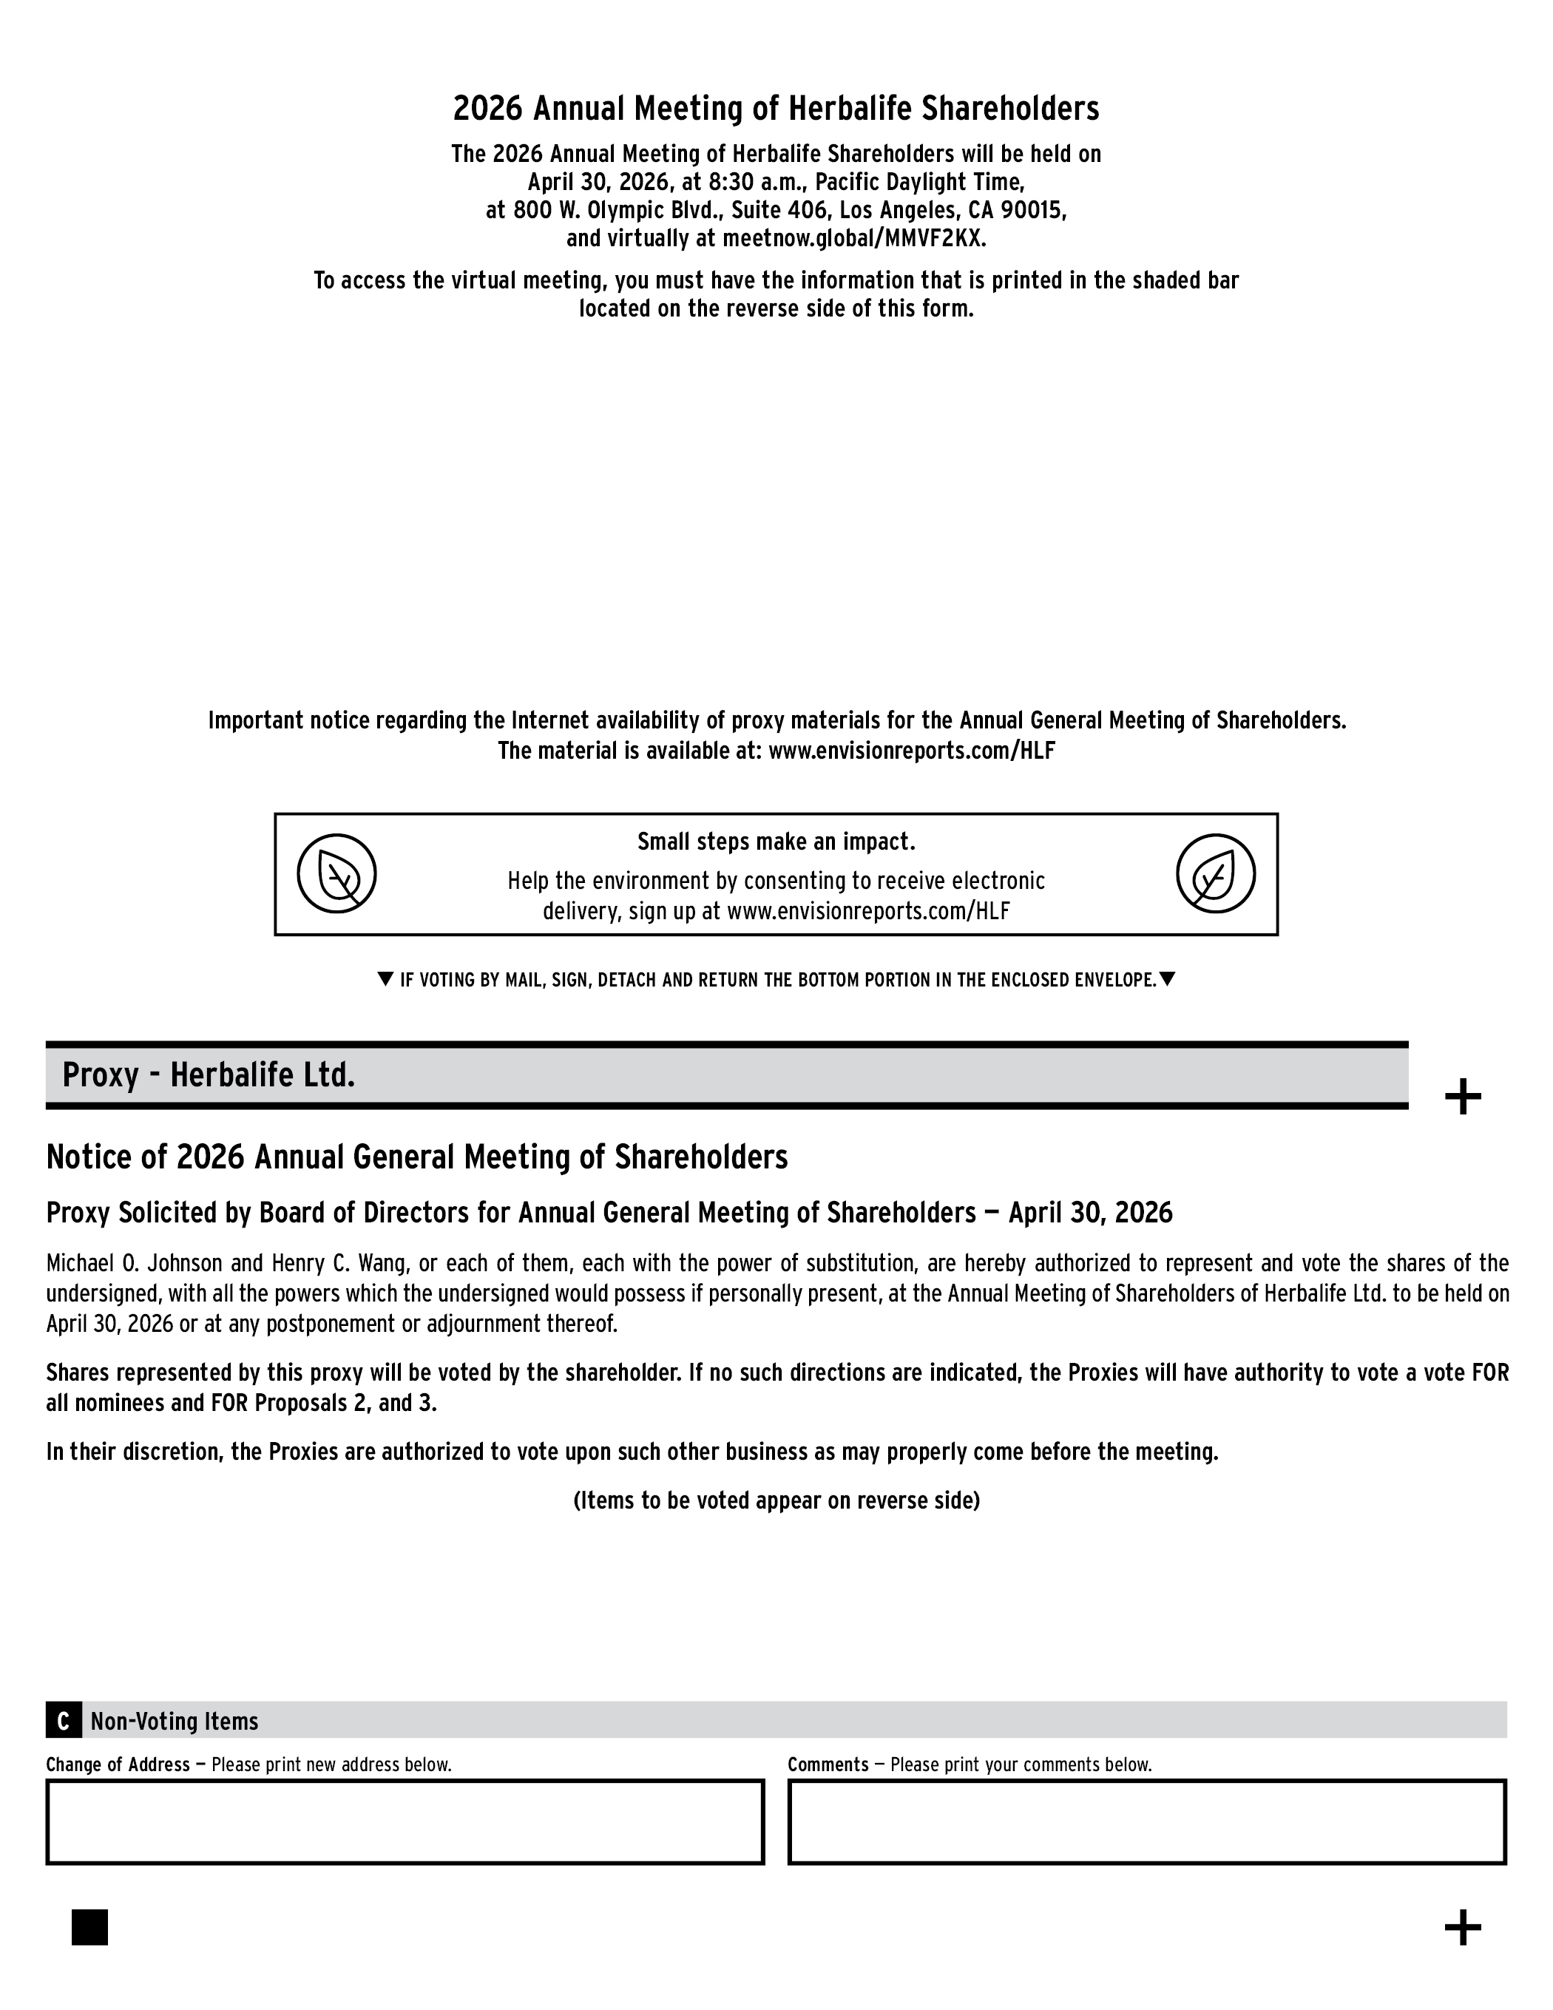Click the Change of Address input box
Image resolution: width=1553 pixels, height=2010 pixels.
[405, 1822]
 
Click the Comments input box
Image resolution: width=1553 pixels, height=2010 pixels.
[1147, 1822]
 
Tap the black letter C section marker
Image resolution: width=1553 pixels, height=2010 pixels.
[64, 1722]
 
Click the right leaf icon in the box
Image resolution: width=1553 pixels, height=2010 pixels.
[1215, 873]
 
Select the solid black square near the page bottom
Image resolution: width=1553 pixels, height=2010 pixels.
[89, 1927]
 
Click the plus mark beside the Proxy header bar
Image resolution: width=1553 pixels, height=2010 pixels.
[1463, 1097]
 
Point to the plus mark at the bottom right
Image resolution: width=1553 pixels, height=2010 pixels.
[1463, 1927]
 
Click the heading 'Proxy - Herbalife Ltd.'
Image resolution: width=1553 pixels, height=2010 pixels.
[209, 1075]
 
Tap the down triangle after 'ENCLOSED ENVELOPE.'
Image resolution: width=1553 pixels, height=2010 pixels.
[1167, 979]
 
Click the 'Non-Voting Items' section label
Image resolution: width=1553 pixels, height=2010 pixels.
[174, 1722]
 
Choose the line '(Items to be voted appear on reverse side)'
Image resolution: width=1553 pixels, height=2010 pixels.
[776, 1501]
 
